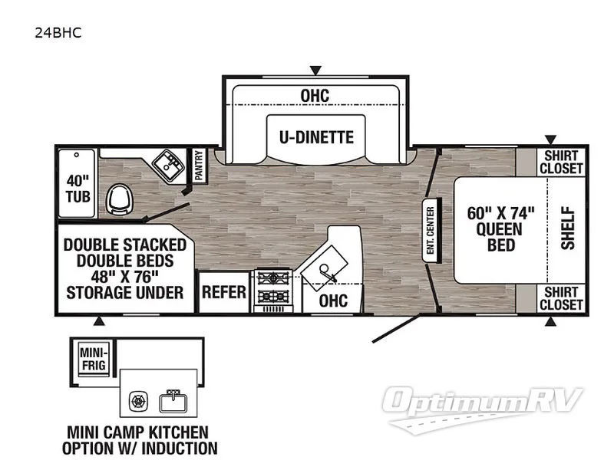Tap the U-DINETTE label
tap(316, 137)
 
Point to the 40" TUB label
tap(78, 188)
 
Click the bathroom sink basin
tap(166, 163)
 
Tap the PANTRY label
tap(198, 165)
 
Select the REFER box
tap(224, 292)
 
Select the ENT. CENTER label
tap(431, 230)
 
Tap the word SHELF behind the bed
tap(567, 228)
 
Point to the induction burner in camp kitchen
tap(139, 401)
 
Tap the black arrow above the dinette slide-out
tap(313, 69)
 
